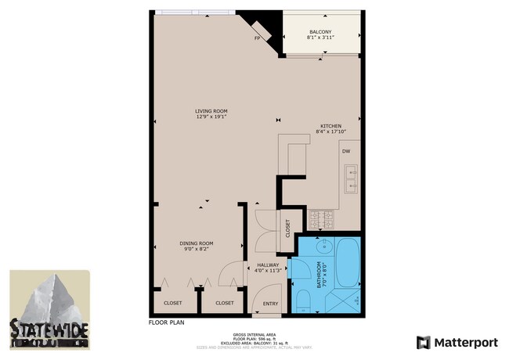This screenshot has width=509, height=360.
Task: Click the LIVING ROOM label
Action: pyautogui.click(x=211, y=111)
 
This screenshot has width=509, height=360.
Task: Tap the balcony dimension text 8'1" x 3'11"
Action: pyautogui.click(x=320, y=39)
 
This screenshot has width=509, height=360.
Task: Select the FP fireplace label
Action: pyautogui.click(x=257, y=38)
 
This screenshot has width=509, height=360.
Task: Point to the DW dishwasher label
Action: pyautogui.click(x=345, y=151)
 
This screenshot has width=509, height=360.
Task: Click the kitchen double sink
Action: pyautogui.click(x=349, y=178)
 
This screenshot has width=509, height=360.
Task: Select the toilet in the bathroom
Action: pyautogui.click(x=301, y=299)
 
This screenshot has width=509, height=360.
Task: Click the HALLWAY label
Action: pyautogui.click(x=268, y=265)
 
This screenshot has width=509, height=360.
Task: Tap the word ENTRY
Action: pyautogui.click(x=270, y=303)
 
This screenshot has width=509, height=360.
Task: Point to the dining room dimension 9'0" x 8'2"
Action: pyautogui.click(x=196, y=250)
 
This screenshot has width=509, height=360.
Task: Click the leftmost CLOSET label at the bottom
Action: pyautogui.click(x=172, y=302)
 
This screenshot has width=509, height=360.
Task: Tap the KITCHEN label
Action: pyautogui.click(x=329, y=127)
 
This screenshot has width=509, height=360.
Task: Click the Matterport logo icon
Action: pyautogui.click(x=424, y=342)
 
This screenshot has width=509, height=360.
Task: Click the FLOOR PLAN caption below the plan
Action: pyautogui.click(x=165, y=321)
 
